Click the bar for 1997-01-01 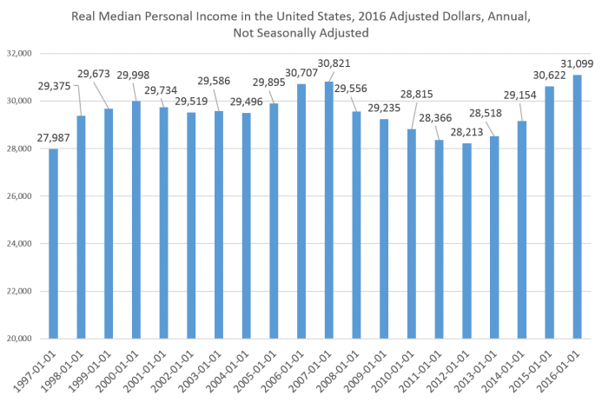pos(54,243)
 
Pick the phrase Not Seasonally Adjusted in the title pos(301,33)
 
